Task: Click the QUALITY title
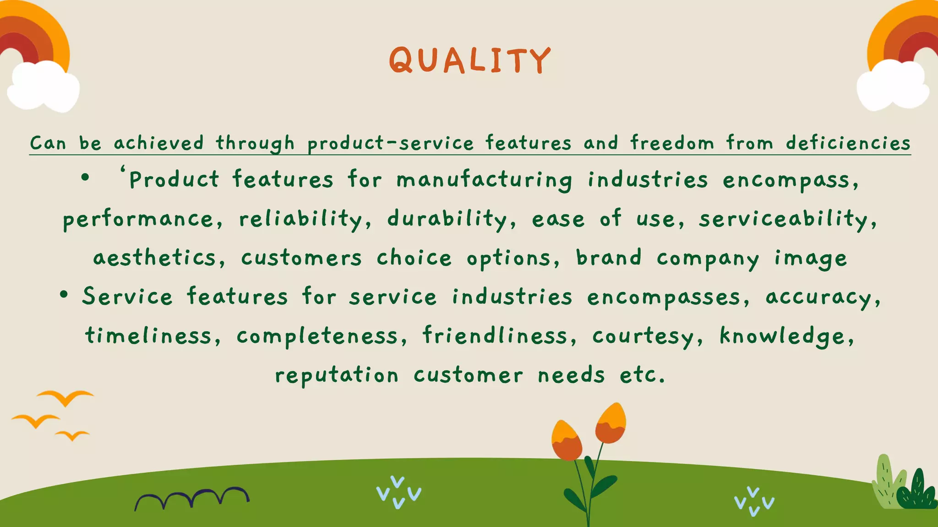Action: click(x=469, y=60)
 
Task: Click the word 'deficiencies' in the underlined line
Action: click(x=848, y=143)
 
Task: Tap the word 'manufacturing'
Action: click(x=485, y=180)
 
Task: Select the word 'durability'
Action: click(x=447, y=219)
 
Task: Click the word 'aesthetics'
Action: click(x=154, y=258)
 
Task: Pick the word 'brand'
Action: click(x=609, y=258)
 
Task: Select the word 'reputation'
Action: click(x=337, y=376)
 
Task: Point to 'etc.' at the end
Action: click(x=642, y=376)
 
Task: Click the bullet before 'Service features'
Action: click(x=64, y=296)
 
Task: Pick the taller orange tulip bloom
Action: click(x=610, y=423)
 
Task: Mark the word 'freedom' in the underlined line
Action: click(x=672, y=143)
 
